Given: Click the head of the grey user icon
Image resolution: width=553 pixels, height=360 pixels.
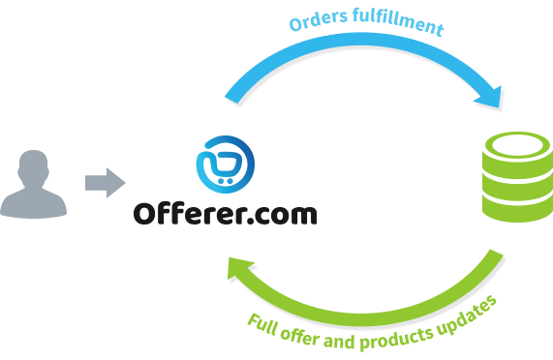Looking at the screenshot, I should click(x=34, y=165).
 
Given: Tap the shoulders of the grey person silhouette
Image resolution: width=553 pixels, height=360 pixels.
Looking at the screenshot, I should click(x=34, y=202).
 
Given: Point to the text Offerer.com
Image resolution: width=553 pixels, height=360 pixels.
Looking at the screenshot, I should click(x=225, y=210).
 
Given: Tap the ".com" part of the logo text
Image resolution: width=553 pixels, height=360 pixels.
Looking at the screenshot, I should click(x=284, y=211).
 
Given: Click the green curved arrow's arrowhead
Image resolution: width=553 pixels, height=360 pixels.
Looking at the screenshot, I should click(x=237, y=274).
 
